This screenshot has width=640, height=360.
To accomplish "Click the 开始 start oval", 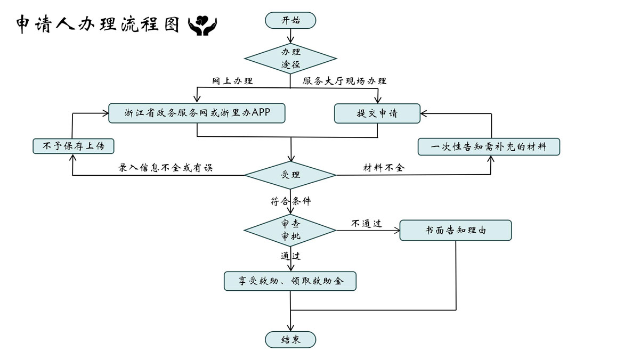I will point(290,21).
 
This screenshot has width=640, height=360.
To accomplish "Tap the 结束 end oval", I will point(290,340).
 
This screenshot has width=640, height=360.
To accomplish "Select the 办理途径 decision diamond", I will point(290,58).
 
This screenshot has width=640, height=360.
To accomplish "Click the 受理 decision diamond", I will point(290,175).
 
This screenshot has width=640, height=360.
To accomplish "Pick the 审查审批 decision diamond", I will point(290,230).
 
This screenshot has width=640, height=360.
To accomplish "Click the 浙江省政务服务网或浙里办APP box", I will point(197,113).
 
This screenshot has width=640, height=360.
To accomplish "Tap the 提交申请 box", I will point(377,113).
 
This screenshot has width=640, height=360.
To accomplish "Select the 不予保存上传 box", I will point(73,146).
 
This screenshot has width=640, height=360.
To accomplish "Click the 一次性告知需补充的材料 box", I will point(489,146).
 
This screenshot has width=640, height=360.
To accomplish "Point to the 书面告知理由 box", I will point(456,231).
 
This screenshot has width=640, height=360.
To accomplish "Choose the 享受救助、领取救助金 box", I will point(290,281).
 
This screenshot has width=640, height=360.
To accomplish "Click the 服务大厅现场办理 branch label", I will point(344,81).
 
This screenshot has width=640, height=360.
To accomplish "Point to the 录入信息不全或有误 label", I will point(165,168).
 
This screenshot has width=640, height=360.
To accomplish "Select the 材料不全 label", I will point(384,168).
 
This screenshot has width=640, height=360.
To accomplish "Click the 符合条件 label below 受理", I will point(290,202).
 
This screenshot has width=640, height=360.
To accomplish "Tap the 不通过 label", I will point(367,224).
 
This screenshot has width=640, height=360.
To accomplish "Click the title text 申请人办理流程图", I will point(98,24).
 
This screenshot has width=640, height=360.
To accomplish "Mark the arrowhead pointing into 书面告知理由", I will point(396,231).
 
